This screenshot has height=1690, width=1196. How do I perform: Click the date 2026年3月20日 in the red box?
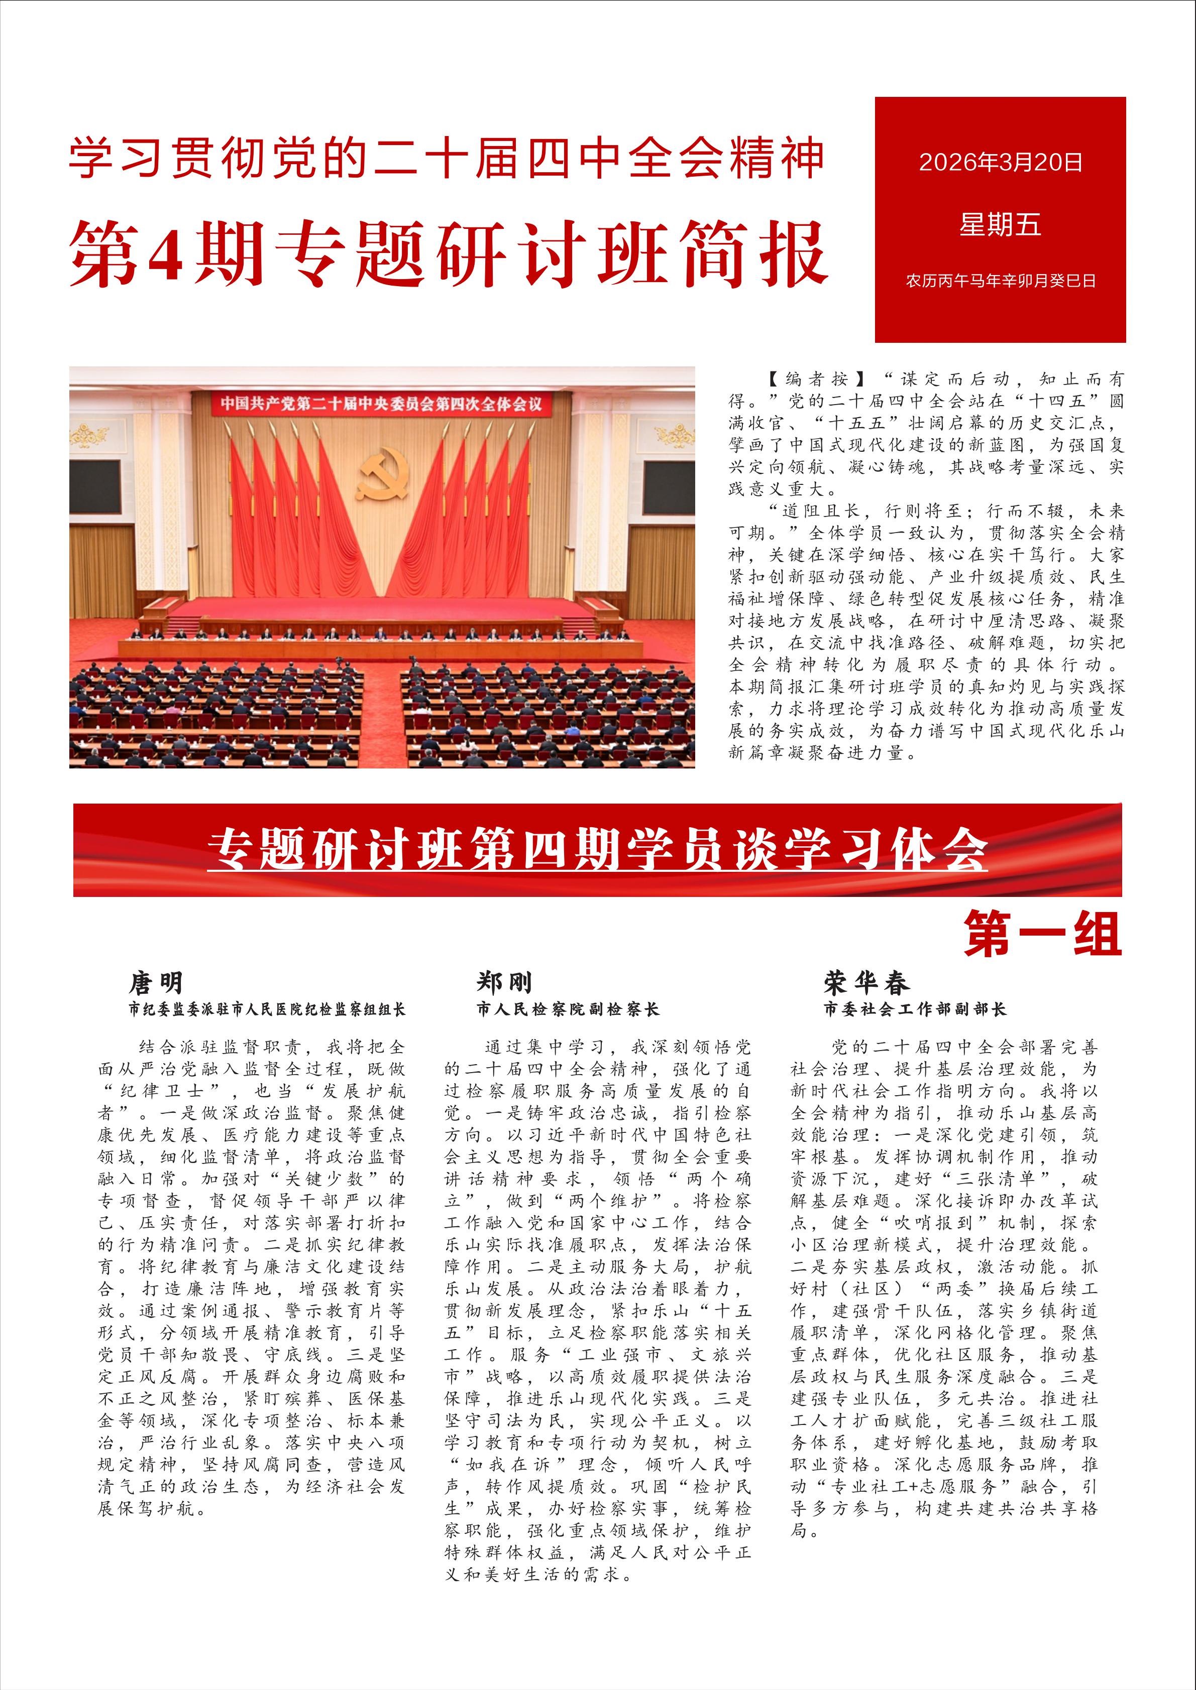tap(1000, 162)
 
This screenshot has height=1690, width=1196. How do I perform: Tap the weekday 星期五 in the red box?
tap(1000, 224)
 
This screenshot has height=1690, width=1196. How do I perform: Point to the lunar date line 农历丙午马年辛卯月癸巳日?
tap(1000, 281)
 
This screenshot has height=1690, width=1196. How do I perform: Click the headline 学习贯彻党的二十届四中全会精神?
tap(446, 158)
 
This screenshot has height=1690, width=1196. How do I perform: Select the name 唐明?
tap(156, 983)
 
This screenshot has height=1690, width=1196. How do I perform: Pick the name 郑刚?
tap(504, 983)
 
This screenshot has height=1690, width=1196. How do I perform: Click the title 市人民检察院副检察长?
tap(568, 1009)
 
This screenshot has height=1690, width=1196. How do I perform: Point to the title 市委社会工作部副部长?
tap(915, 1009)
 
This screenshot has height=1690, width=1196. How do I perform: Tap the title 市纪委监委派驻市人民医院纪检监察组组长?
tap(267, 1009)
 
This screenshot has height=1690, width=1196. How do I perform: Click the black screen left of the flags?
tap(96, 486)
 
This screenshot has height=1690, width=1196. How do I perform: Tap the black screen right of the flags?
tap(668, 486)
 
